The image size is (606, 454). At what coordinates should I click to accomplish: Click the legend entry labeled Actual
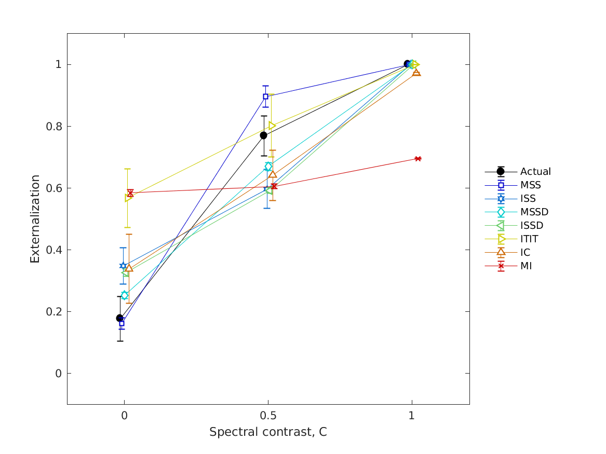(x=535, y=172)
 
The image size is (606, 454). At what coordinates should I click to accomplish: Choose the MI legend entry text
(x=526, y=266)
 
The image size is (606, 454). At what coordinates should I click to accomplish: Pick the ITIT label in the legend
(x=529, y=239)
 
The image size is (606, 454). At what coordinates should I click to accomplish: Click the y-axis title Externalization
(x=35, y=219)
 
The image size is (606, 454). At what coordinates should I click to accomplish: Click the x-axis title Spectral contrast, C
(x=268, y=432)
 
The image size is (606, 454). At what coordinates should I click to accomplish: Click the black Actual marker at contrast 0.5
(x=263, y=135)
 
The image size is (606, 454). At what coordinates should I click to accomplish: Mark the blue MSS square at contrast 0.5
(x=265, y=97)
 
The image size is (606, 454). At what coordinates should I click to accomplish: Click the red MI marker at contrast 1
(x=418, y=159)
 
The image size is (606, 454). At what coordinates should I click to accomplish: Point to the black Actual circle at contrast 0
(x=120, y=318)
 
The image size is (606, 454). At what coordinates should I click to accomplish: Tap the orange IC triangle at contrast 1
(x=416, y=72)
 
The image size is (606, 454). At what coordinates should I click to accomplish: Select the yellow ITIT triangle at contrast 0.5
(x=272, y=126)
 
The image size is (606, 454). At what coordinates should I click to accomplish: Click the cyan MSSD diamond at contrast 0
(x=125, y=295)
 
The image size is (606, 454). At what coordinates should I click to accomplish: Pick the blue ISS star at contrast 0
(x=123, y=266)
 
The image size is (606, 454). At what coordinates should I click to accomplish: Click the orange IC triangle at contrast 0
(x=129, y=268)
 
